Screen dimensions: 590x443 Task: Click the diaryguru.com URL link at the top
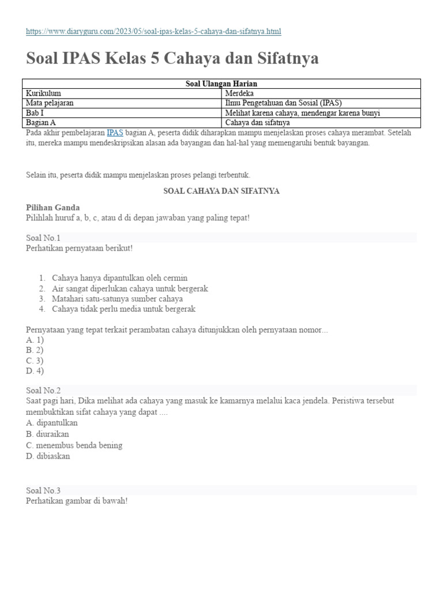[153, 31]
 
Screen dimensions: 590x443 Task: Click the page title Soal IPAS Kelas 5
[172, 58]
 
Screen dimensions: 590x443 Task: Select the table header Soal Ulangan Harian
[221, 84]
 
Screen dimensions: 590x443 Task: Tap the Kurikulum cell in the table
[44, 93]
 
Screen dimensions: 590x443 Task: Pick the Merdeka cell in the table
[239, 93]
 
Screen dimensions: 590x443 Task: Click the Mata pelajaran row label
[50, 103]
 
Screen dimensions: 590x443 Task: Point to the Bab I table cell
[35, 113]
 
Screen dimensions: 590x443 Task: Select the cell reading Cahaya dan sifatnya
[258, 123]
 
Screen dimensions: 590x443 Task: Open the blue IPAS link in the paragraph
[115, 133]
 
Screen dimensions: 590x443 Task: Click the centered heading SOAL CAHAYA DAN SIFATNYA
[221, 191]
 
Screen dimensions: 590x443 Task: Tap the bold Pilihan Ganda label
[53, 207]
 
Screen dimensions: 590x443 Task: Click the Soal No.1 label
[43, 237]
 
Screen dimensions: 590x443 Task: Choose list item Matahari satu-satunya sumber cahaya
[117, 298]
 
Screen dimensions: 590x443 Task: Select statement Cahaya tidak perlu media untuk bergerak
[123, 309]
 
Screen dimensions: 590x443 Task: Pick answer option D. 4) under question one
[35, 371]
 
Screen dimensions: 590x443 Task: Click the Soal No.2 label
[43, 390]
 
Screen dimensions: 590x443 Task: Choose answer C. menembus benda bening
[74, 445]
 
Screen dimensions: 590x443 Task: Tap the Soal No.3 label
[43, 490]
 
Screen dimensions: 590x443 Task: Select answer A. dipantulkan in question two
[52, 423]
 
